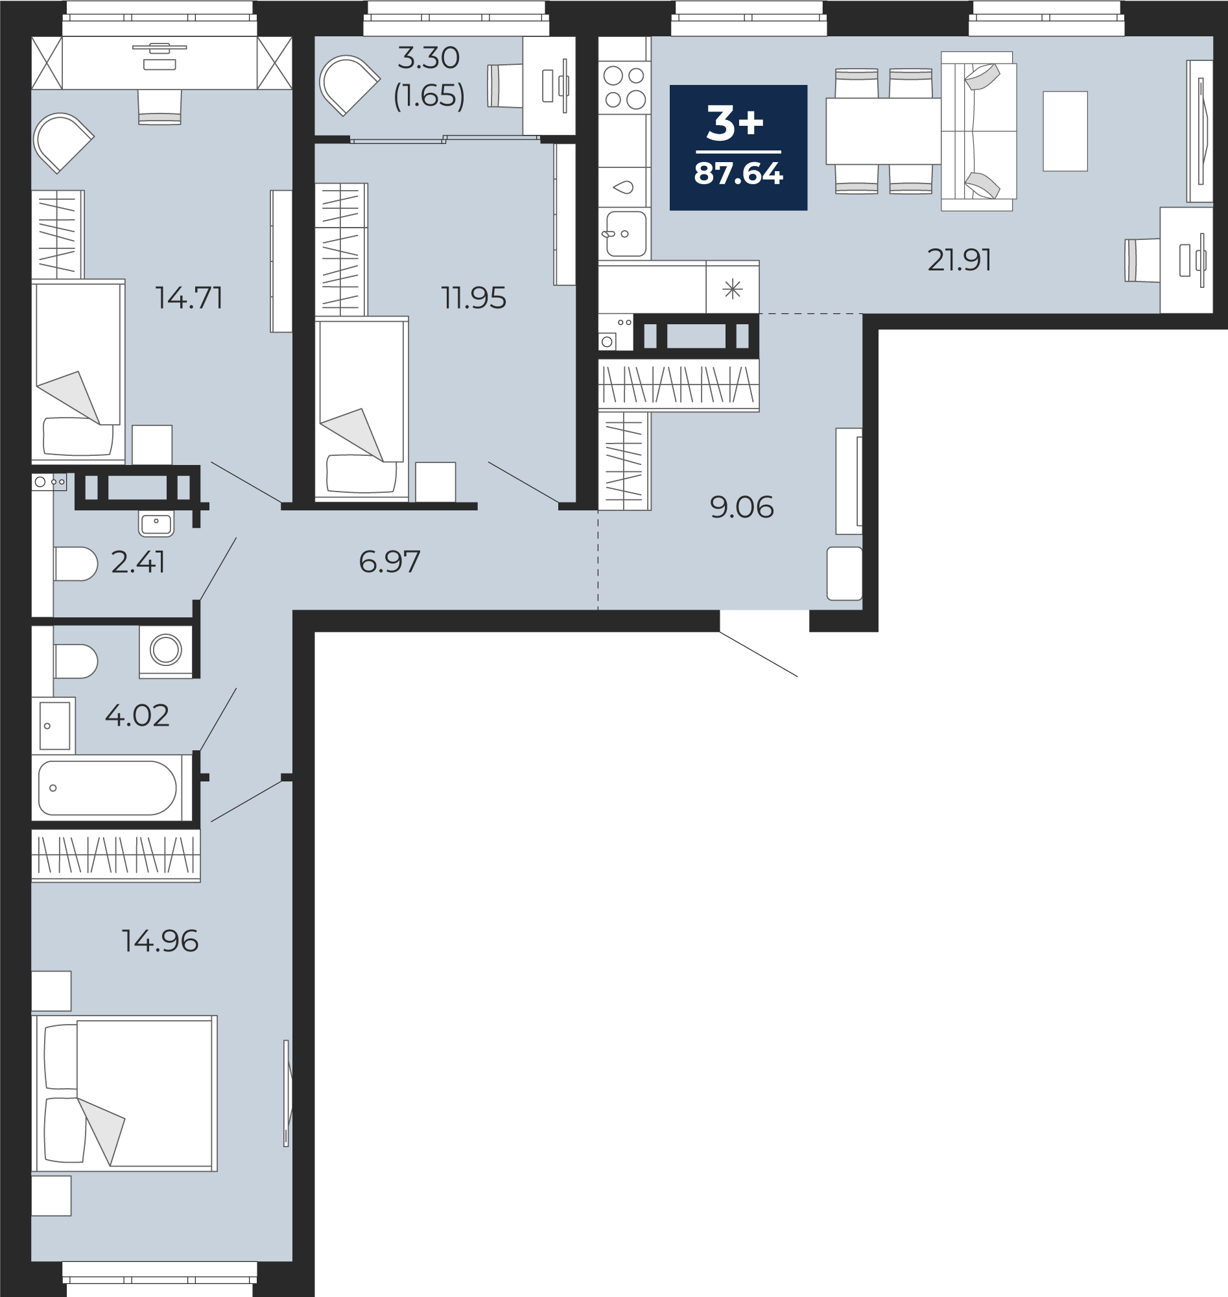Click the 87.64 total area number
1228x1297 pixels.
pos(738,174)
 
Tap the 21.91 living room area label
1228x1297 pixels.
pos(959,260)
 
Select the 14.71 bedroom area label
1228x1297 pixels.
pos(189,298)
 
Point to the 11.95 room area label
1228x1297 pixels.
pos(473,298)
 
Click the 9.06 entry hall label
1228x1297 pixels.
pos(742,507)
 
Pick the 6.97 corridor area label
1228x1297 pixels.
pos(390,562)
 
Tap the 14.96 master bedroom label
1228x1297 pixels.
pos(159,941)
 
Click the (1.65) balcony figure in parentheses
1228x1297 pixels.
pos(429,95)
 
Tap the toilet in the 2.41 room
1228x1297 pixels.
pos(76,564)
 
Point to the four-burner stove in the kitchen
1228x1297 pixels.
pos(624,88)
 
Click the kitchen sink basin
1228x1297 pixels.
pos(626,233)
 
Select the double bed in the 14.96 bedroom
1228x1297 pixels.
pos(124,1093)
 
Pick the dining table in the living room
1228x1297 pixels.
pos(883,131)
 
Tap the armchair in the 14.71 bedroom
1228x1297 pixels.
pos(63,143)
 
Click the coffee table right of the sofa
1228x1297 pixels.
pos(1065,131)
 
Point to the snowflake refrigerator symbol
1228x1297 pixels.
pos(733,288)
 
